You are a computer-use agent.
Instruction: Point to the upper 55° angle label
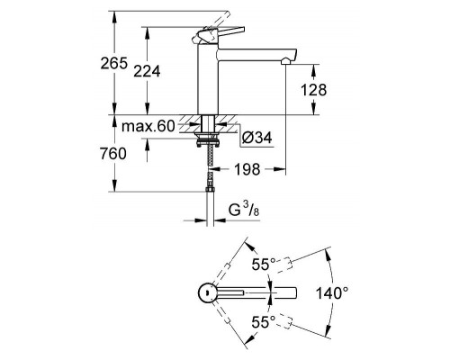click(x=263, y=265)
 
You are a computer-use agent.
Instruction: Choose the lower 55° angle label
click(x=263, y=321)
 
